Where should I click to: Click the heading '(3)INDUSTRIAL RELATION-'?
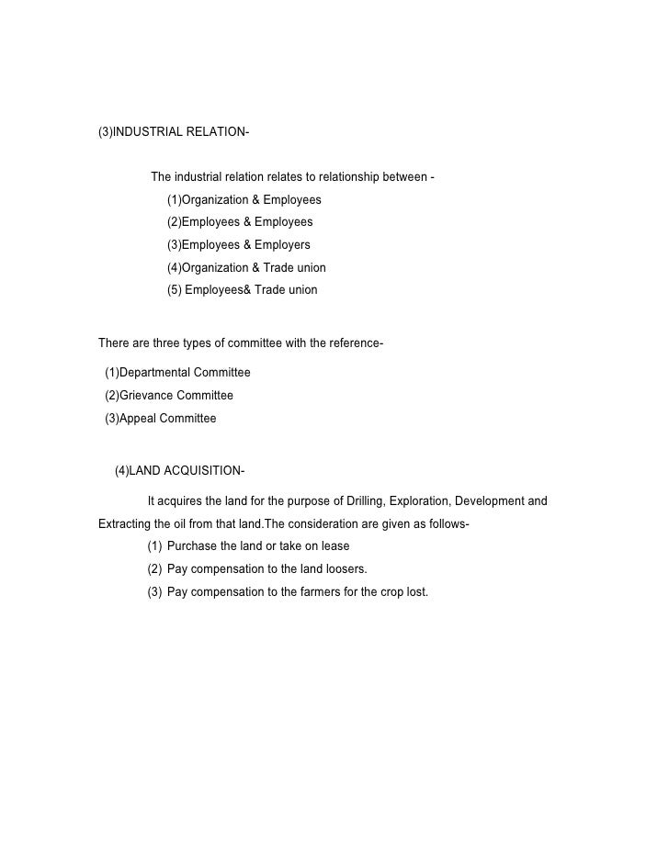pos(173,131)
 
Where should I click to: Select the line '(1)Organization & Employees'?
pos(244,200)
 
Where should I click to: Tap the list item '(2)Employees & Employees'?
pos(239,222)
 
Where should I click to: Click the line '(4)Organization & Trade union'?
pos(245,268)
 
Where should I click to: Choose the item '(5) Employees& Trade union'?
pos(242,290)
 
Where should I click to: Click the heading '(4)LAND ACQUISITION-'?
pos(178,472)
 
